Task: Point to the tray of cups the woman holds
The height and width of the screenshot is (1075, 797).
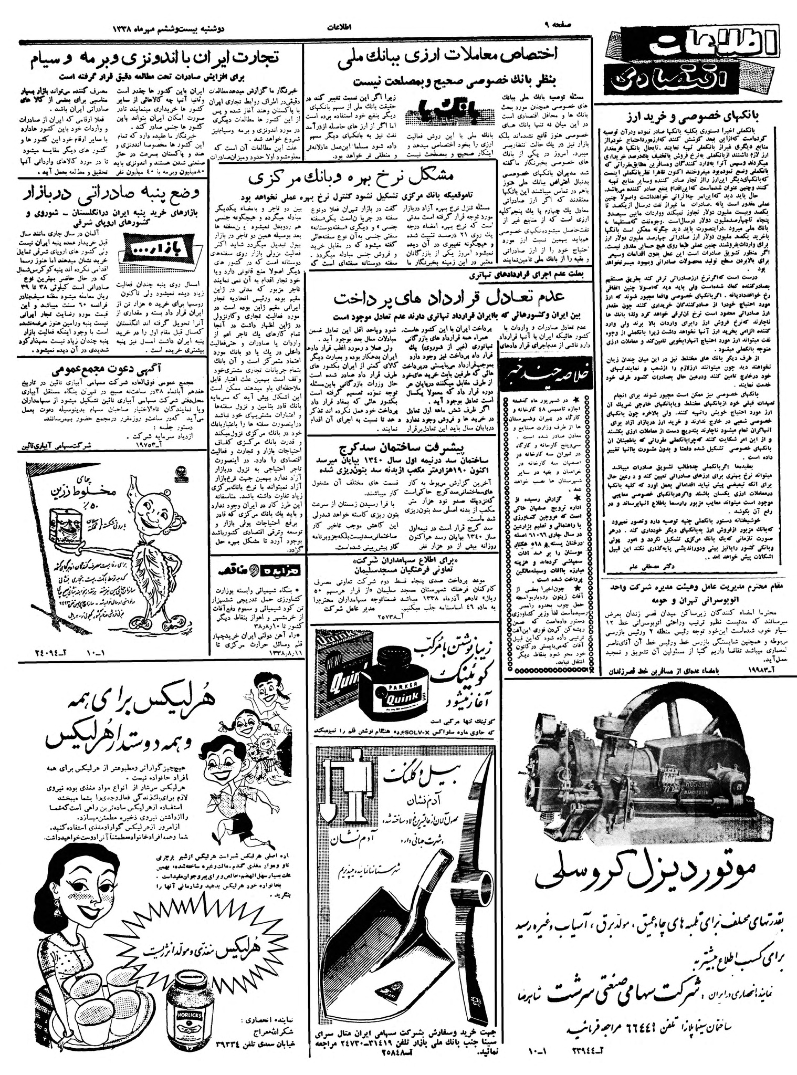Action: point(105,1017)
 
